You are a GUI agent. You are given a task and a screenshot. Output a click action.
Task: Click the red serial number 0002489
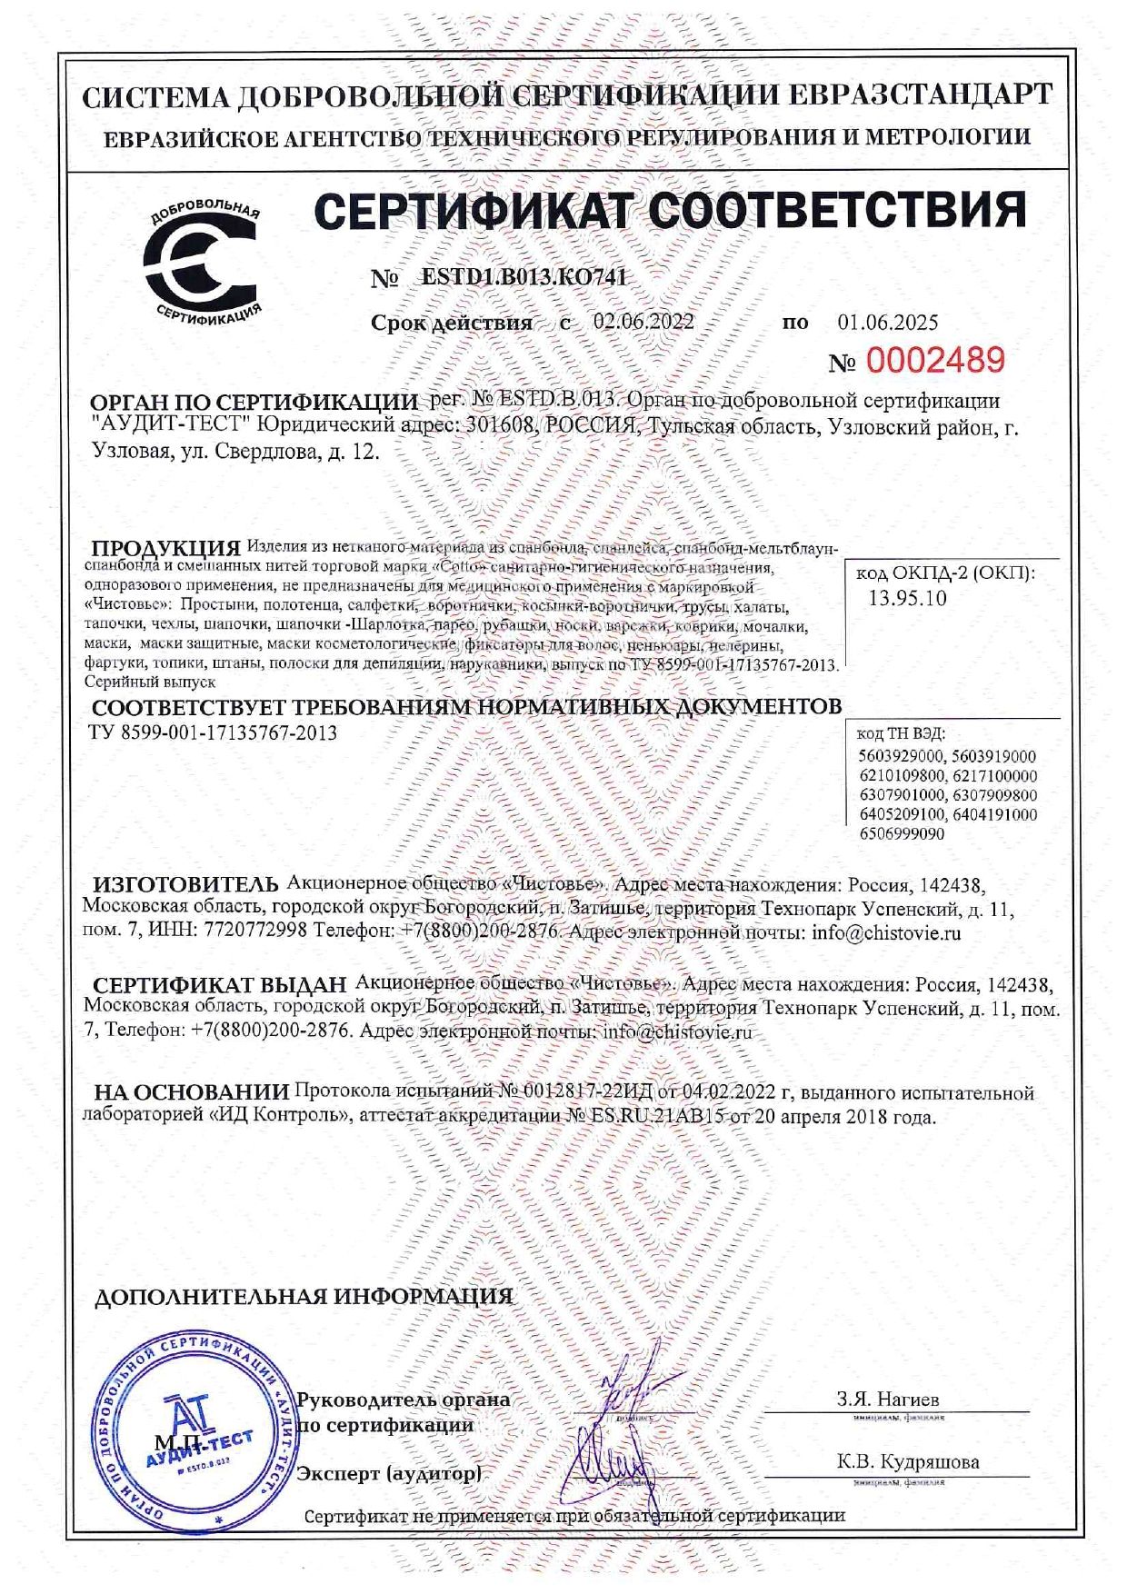point(935,361)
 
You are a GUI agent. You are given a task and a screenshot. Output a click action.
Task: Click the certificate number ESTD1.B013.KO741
point(524,278)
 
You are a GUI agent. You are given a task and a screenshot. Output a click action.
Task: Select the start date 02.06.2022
point(643,322)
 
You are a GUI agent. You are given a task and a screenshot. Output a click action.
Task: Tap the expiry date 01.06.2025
point(887,322)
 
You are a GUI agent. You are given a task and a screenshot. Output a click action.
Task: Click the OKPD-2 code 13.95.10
point(907,597)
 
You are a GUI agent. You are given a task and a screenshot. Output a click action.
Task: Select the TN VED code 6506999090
point(902,833)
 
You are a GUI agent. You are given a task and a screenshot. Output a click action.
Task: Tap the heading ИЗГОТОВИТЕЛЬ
point(186,884)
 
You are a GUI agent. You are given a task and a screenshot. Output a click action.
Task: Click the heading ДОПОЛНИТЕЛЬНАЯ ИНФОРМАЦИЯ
point(304,1297)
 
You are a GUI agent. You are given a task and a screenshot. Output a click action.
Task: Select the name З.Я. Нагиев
point(887,1399)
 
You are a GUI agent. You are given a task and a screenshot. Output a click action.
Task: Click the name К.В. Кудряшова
point(908,1462)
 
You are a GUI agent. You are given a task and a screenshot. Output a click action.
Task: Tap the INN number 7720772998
point(257,932)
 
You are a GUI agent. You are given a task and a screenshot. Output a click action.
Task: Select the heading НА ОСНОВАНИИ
point(191,1092)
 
